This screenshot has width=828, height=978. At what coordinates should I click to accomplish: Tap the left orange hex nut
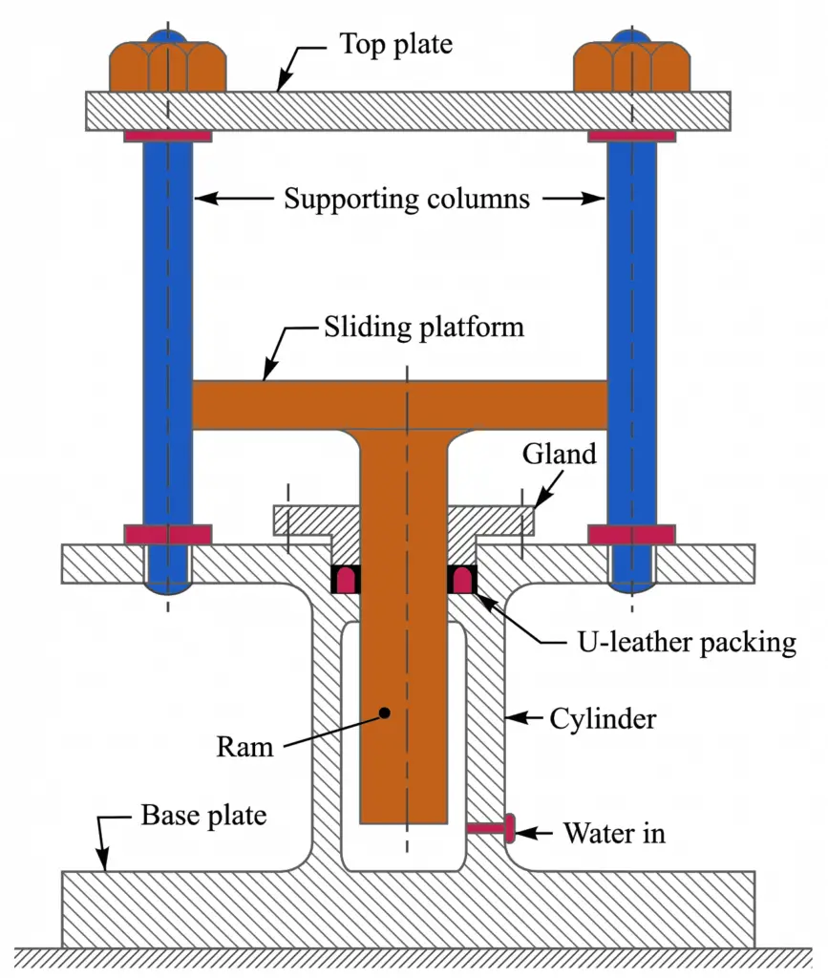point(167,67)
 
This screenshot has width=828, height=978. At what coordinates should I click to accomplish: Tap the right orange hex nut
point(631,67)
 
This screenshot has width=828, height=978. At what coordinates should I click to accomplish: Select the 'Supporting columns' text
point(407,200)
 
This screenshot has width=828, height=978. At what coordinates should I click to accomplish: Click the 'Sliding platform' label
point(423,328)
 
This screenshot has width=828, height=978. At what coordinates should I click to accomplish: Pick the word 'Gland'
point(559,454)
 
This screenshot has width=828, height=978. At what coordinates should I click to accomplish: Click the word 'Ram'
point(244,746)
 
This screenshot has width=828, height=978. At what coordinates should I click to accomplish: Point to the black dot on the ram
point(384,712)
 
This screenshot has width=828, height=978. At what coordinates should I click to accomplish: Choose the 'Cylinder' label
point(604,718)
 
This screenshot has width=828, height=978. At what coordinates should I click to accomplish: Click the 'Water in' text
point(614,833)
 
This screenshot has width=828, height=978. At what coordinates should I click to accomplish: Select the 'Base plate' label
point(203,816)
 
